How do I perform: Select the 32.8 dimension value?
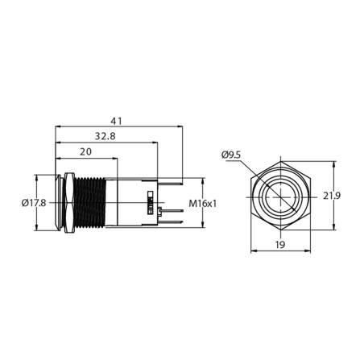click(x=104, y=136)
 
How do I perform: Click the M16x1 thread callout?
click(x=202, y=204)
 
